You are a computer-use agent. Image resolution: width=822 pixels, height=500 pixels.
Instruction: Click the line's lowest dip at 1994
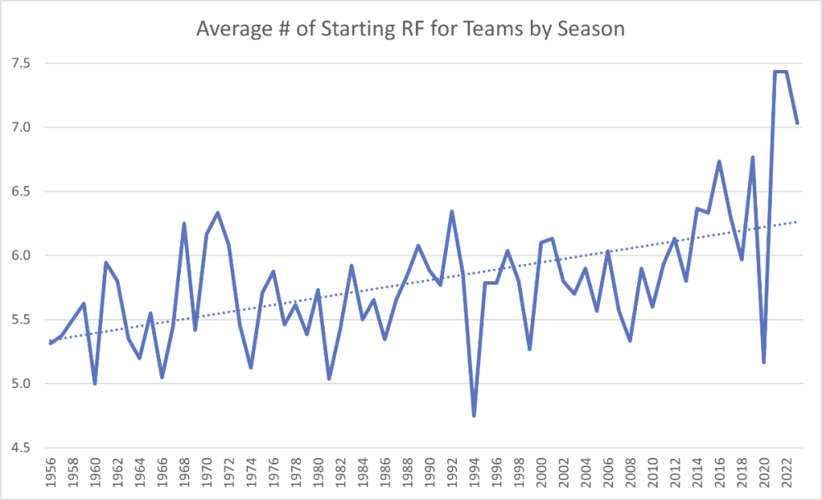[x=474, y=415]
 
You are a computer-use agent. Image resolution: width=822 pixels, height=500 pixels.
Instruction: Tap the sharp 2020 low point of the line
[x=764, y=363]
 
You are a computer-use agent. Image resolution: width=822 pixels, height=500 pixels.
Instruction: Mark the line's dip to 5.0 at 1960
[x=95, y=383]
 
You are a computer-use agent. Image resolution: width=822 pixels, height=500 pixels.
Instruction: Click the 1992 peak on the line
[x=452, y=211]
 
